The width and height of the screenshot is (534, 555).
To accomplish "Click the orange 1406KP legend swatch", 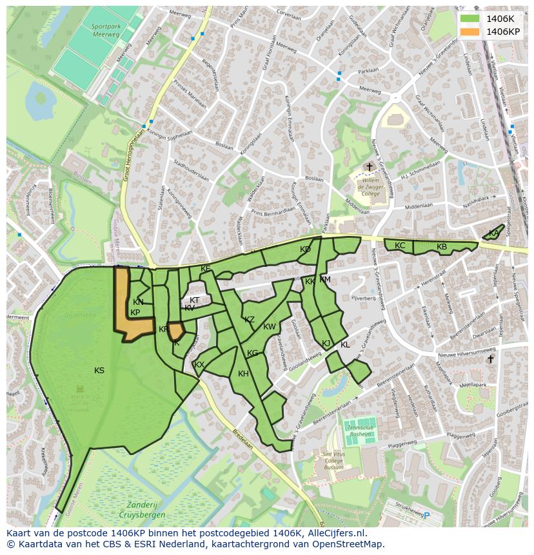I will [x=470, y=32].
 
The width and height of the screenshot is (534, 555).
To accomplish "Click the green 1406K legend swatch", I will [x=470, y=19].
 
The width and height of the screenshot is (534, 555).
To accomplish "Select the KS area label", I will [x=99, y=371].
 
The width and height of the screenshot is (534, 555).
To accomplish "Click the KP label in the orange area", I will [x=135, y=313].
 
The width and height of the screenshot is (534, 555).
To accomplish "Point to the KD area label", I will [x=305, y=249].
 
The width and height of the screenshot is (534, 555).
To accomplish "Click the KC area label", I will [x=400, y=246].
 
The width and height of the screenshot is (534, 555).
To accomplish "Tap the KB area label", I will [x=442, y=247].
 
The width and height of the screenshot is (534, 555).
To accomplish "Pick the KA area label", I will [x=493, y=233].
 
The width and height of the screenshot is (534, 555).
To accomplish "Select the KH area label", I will [x=243, y=374].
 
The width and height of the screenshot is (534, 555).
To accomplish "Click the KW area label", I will [x=270, y=327].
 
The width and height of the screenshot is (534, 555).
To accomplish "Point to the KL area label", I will [x=345, y=345].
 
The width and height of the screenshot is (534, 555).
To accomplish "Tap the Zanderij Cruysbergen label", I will [x=142, y=511].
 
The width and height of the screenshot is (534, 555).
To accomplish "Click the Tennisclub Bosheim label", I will [x=360, y=431].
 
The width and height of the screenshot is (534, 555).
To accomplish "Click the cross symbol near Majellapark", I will [x=490, y=359].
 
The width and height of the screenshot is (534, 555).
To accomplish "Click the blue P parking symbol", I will [x=426, y=514].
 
